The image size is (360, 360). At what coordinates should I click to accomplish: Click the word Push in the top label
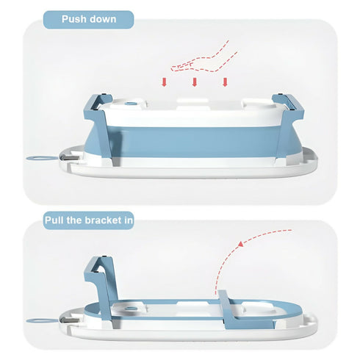tap(73, 19)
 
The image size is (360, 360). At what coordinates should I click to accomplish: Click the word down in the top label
tap(105, 19)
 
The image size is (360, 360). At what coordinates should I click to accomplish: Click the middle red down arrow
tap(194, 81)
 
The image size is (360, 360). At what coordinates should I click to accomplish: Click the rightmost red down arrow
tap(225, 81)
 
